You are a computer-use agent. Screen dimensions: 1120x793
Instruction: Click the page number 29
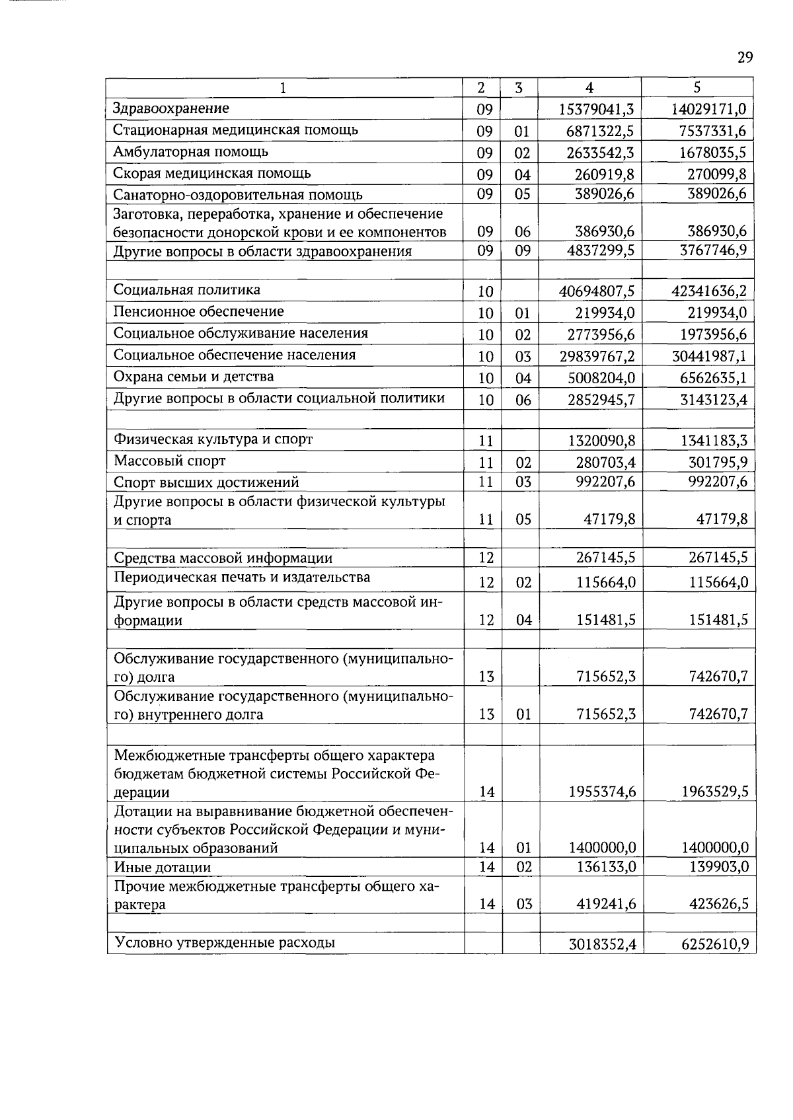coord(745,58)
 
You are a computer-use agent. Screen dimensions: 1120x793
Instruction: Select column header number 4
coord(589,88)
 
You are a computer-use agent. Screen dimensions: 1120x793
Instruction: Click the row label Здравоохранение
coord(171,108)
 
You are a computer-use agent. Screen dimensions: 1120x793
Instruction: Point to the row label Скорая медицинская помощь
coord(212,173)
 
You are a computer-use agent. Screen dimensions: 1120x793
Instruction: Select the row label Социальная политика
coord(187,289)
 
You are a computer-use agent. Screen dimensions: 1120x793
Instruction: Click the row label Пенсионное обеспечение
coord(199,311)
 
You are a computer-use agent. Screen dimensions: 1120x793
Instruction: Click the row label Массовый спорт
coord(170,461)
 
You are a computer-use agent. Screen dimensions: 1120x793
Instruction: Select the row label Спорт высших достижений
coord(206,482)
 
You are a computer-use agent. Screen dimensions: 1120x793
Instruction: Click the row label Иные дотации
coord(163,867)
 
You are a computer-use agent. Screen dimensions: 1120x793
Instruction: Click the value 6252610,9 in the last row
coord(714,944)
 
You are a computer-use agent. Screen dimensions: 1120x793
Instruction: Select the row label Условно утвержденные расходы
coord(225,942)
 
